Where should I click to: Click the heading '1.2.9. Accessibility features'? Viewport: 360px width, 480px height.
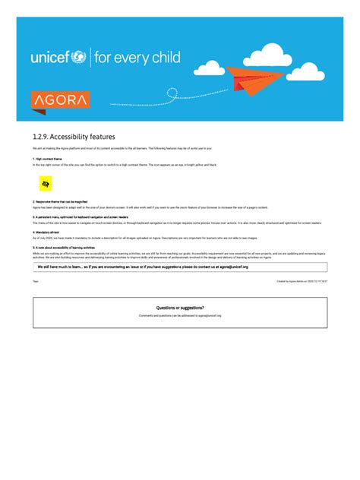[x=74, y=136]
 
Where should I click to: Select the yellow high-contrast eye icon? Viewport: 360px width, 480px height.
[x=46, y=185]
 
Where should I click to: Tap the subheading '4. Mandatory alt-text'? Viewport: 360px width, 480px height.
[x=47, y=232]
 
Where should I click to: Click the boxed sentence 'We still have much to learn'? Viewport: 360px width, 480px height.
[x=143, y=267]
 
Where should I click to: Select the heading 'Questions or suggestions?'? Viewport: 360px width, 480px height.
[x=180, y=308]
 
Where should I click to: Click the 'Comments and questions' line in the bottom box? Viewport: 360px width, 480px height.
[x=180, y=314]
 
